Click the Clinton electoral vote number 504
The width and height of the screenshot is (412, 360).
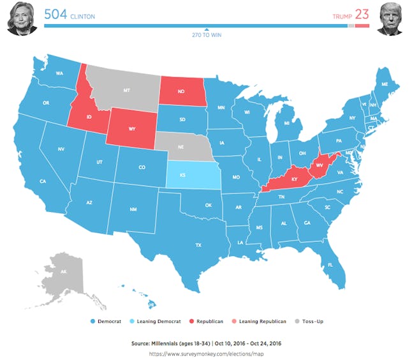[x=56, y=14]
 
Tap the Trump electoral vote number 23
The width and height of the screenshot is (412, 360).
[x=362, y=14]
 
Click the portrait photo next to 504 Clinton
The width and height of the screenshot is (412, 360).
[x=21, y=19]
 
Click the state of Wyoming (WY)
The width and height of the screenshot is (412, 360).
[x=131, y=128]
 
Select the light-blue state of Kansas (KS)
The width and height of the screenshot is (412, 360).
[x=191, y=174]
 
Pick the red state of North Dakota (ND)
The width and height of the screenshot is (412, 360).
[x=182, y=90]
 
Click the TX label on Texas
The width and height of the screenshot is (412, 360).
[x=198, y=245]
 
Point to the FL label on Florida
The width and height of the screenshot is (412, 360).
[x=330, y=265]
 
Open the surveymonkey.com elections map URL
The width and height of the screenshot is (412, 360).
[x=206, y=352]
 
